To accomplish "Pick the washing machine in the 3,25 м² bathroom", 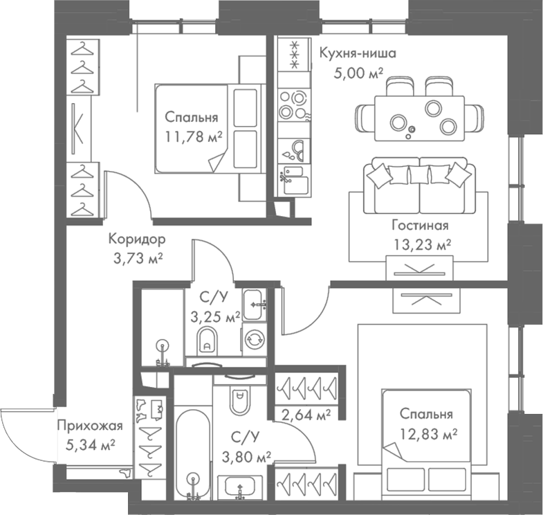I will coord(254,338).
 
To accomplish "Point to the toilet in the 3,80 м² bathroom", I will coord(240,399).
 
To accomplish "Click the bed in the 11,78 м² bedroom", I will coord(208,128).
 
